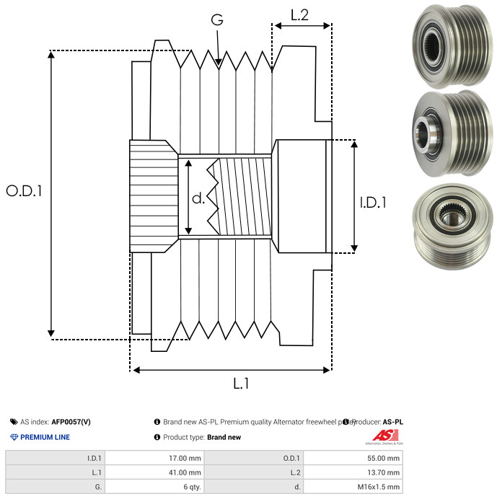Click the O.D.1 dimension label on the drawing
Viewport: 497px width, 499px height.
[25, 191]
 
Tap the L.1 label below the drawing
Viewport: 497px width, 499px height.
[240, 384]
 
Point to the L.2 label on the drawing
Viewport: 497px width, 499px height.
[299, 14]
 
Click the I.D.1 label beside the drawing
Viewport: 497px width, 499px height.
[373, 203]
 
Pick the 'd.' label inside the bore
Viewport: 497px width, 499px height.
[198, 198]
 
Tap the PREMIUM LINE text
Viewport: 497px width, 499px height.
[45, 437]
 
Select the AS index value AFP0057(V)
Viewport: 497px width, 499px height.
[71, 422]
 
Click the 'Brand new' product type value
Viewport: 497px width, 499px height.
[224, 437]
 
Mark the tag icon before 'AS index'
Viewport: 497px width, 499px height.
[14, 422]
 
